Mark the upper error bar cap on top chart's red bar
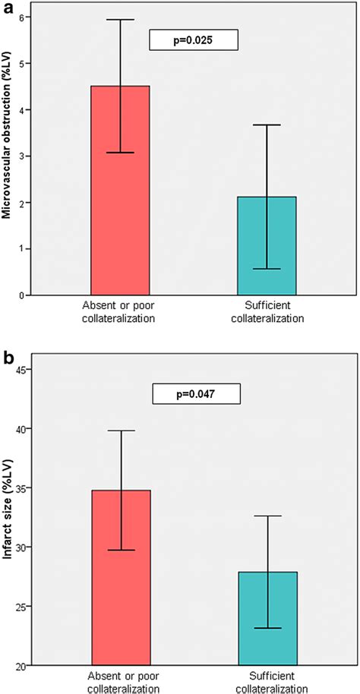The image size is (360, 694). [120, 20]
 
